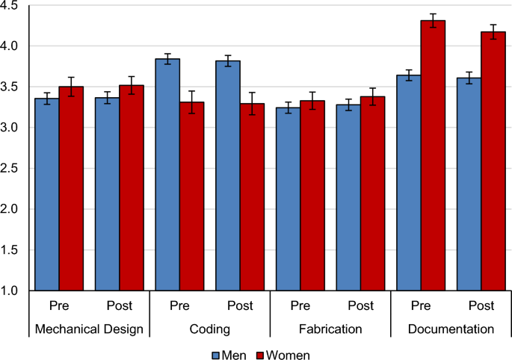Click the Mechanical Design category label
[x=90, y=329]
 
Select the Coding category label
[x=210, y=329]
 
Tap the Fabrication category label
[x=330, y=329]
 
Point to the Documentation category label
[x=451, y=329]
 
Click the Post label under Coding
[x=240, y=306]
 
